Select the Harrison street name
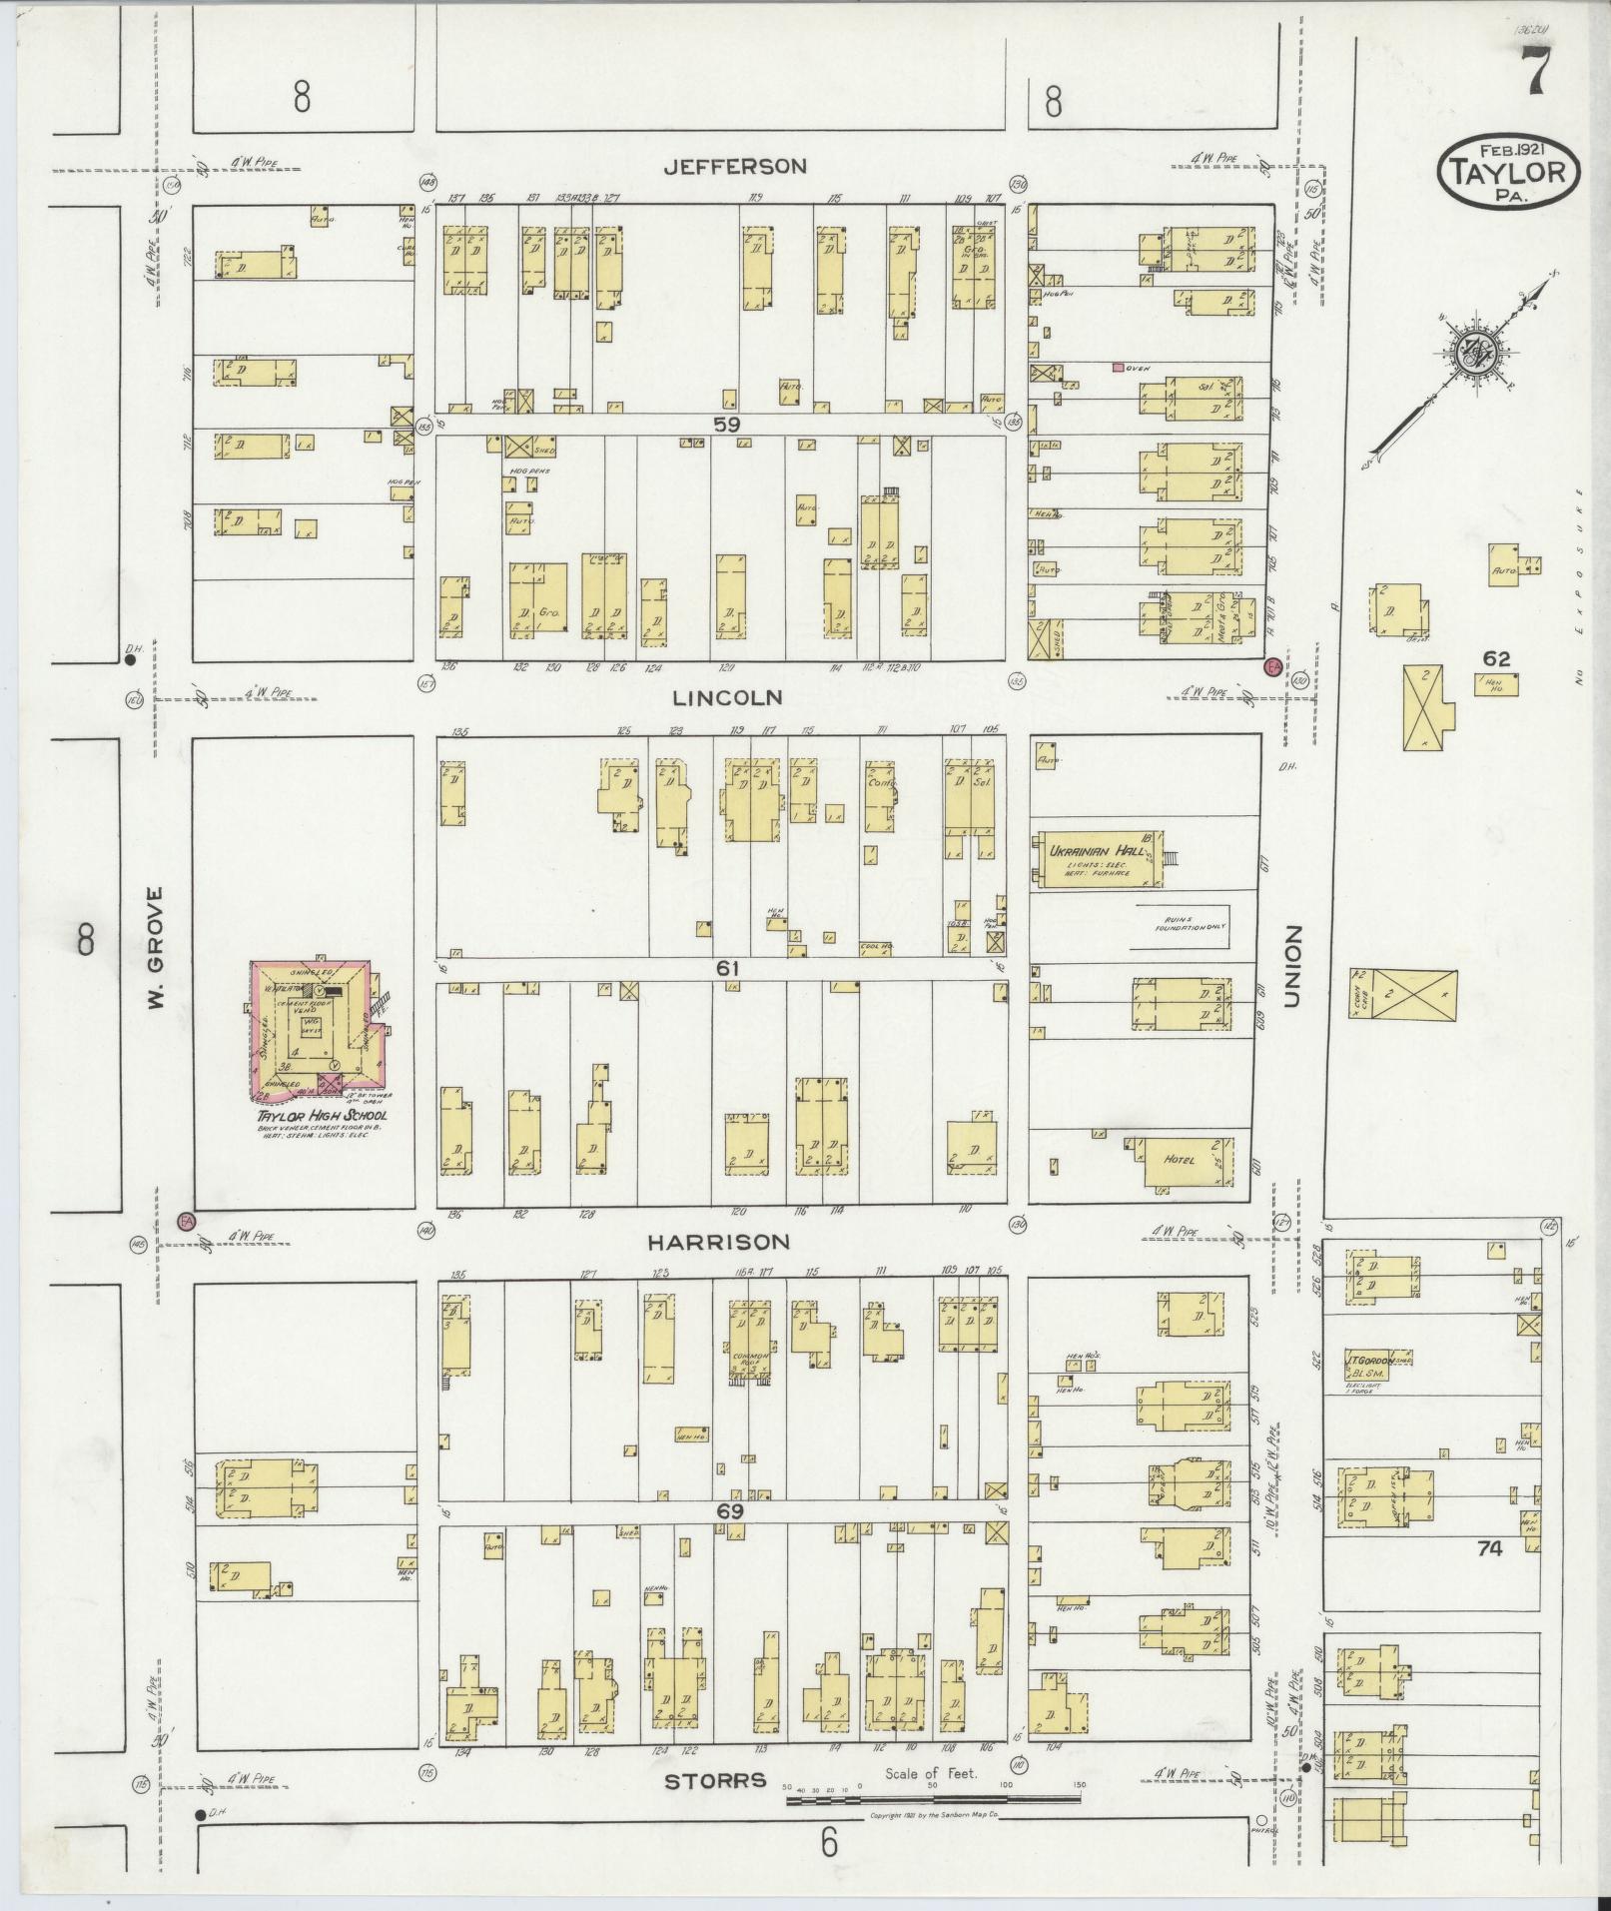coord(718,1242)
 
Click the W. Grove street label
coord(156,947)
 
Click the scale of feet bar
coord(933,1799)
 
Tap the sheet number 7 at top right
coord(1535,74)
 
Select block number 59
coord(727,424)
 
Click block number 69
coord(729,1511)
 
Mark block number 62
coord(1496,658)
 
